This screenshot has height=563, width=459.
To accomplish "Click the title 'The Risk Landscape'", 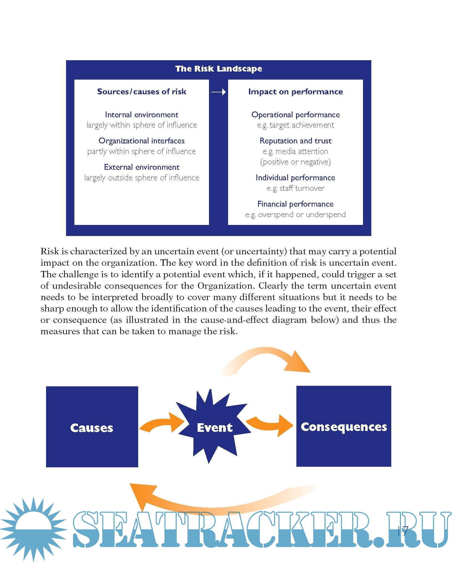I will click(218, 69).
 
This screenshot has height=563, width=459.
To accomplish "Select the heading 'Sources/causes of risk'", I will click(142, 92).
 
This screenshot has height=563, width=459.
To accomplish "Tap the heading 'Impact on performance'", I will click(295, 92).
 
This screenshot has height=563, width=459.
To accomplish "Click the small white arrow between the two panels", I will click(218, 92).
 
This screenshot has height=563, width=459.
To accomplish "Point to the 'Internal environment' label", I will click(142, 115).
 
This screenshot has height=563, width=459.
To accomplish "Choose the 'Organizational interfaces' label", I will click(142, 141).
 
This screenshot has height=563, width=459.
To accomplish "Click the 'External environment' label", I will click(142, 167).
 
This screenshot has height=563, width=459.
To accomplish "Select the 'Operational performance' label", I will click(295, 115).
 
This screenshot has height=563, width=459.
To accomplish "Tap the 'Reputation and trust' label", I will click(295, 141).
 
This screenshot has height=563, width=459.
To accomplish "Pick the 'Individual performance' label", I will click(295, 177).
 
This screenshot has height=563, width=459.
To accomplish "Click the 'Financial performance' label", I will click(295, 204).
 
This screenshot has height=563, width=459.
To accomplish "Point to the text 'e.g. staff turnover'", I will click(295, 188).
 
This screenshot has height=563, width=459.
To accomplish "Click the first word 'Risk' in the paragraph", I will click(50, 251).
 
